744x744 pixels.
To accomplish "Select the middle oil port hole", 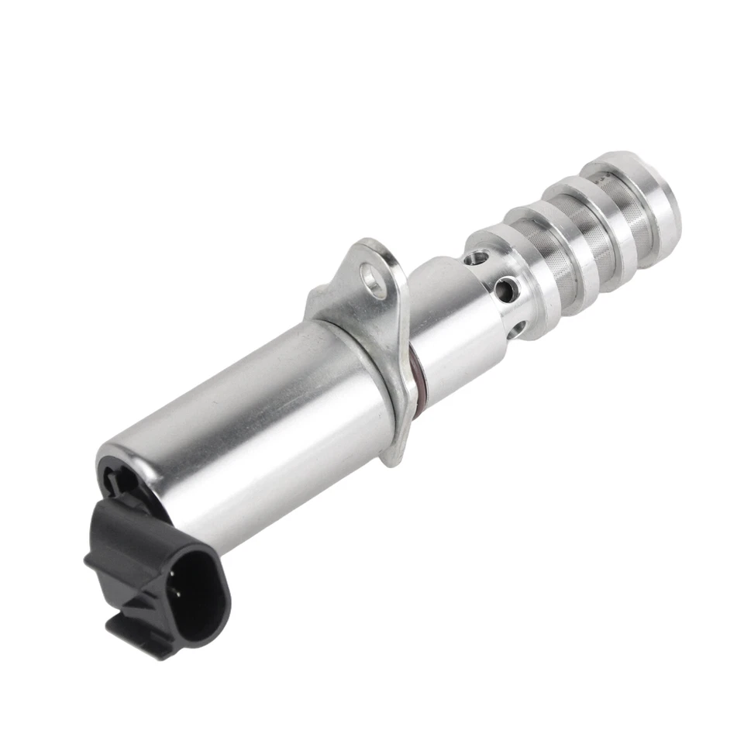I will click(x=506, y=291).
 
